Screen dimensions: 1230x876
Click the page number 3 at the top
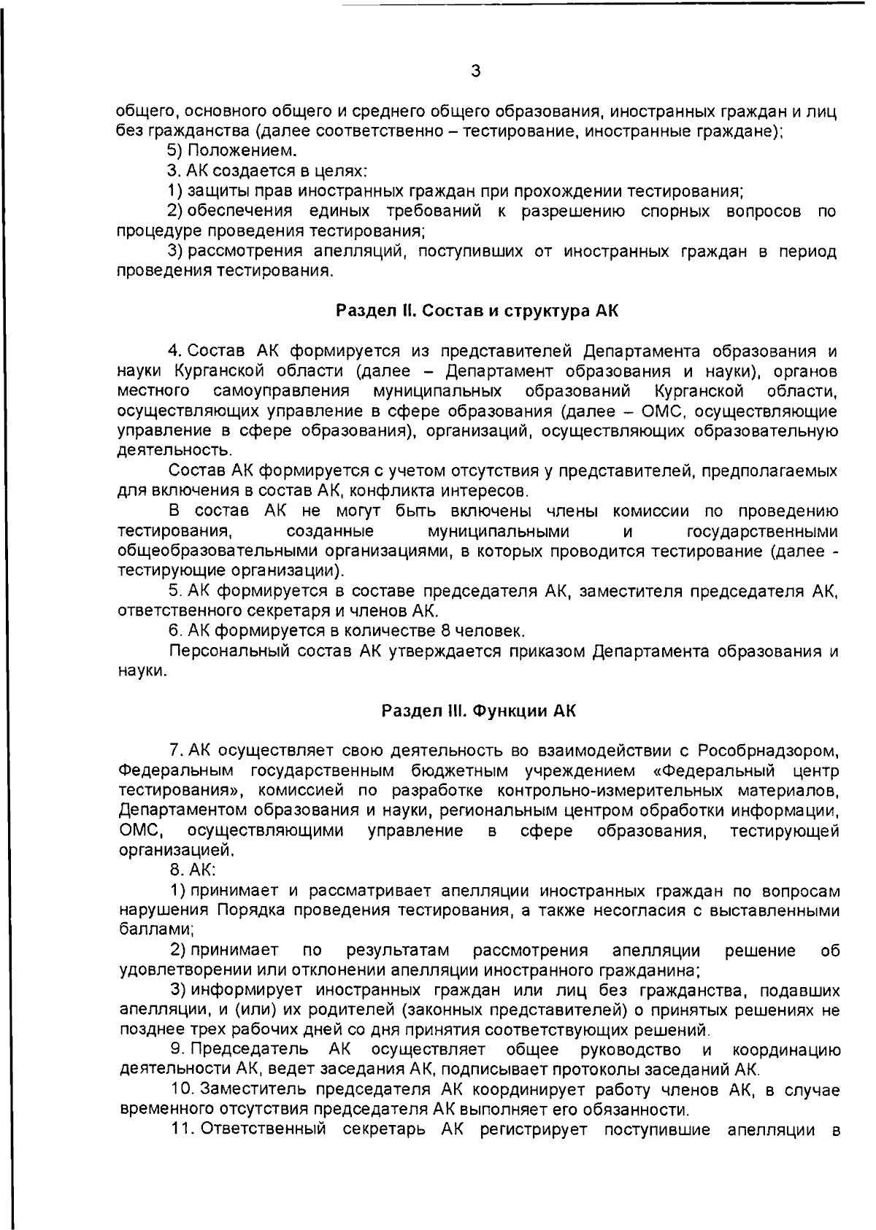coord(475,71)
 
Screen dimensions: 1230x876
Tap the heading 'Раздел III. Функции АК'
coord(479,711)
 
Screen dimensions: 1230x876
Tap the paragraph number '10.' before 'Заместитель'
coord(182,1090)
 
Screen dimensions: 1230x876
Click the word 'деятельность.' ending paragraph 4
coord(165,451)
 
